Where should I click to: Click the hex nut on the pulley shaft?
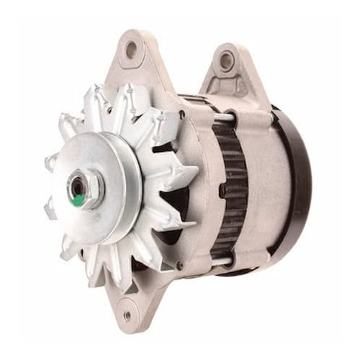pos(85,189)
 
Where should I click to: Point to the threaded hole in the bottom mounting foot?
pos(127,315)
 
